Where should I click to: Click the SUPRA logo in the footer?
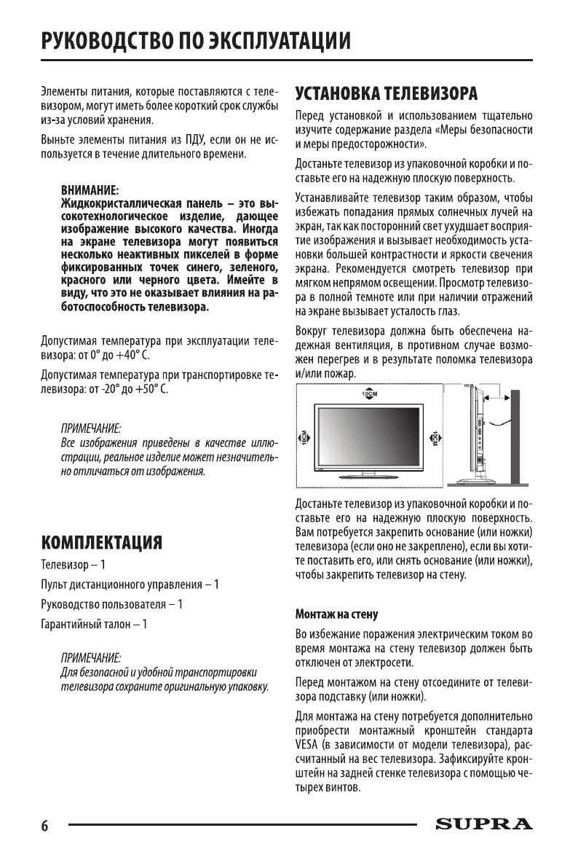point(483,824)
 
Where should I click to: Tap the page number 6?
point(44,826)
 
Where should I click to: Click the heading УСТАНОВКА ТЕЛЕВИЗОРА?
point(386,93)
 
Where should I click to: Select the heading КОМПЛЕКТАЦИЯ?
point(101,542)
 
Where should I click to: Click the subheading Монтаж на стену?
point(336,614)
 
